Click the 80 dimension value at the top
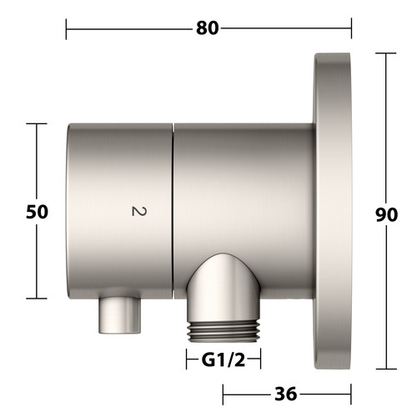click(208, 28)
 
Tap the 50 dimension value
click(37, 212)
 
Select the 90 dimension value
click(386, 214)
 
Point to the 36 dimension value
click(286, 394)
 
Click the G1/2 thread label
click(224, 360)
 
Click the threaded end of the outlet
click(224, 331)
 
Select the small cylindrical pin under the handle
click(120, 315)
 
